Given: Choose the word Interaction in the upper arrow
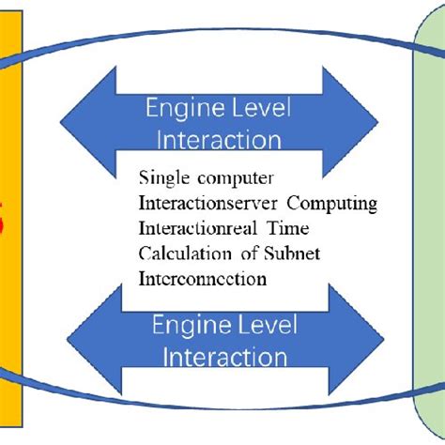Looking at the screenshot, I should [x=219, y=140].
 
